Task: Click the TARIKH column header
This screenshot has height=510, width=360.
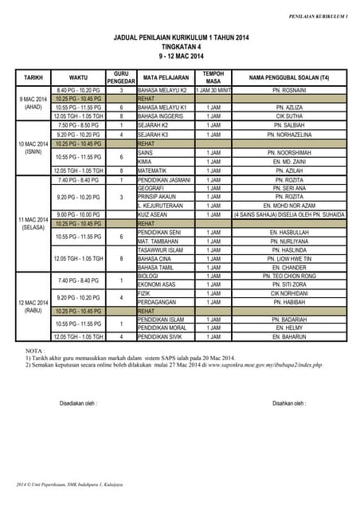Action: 33,77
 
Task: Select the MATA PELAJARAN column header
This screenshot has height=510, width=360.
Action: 166,77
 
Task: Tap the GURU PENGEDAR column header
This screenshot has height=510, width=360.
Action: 121,77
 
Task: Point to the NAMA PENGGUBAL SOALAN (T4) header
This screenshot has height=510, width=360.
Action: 289,77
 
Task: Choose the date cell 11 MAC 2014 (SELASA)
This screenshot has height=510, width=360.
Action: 33,223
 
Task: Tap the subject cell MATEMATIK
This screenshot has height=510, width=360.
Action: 153,171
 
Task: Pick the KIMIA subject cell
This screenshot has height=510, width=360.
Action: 146,161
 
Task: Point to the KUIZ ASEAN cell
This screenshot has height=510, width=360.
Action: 153,214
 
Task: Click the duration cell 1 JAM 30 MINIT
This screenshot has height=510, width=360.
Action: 213,90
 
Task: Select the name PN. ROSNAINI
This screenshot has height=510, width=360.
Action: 289,90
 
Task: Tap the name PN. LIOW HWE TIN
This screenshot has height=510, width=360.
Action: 289,258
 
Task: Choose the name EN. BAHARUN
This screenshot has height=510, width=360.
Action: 289,337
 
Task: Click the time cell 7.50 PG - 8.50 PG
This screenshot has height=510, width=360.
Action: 78,125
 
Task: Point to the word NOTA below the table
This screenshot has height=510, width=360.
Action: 35,351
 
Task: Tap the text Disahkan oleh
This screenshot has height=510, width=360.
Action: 290,403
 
